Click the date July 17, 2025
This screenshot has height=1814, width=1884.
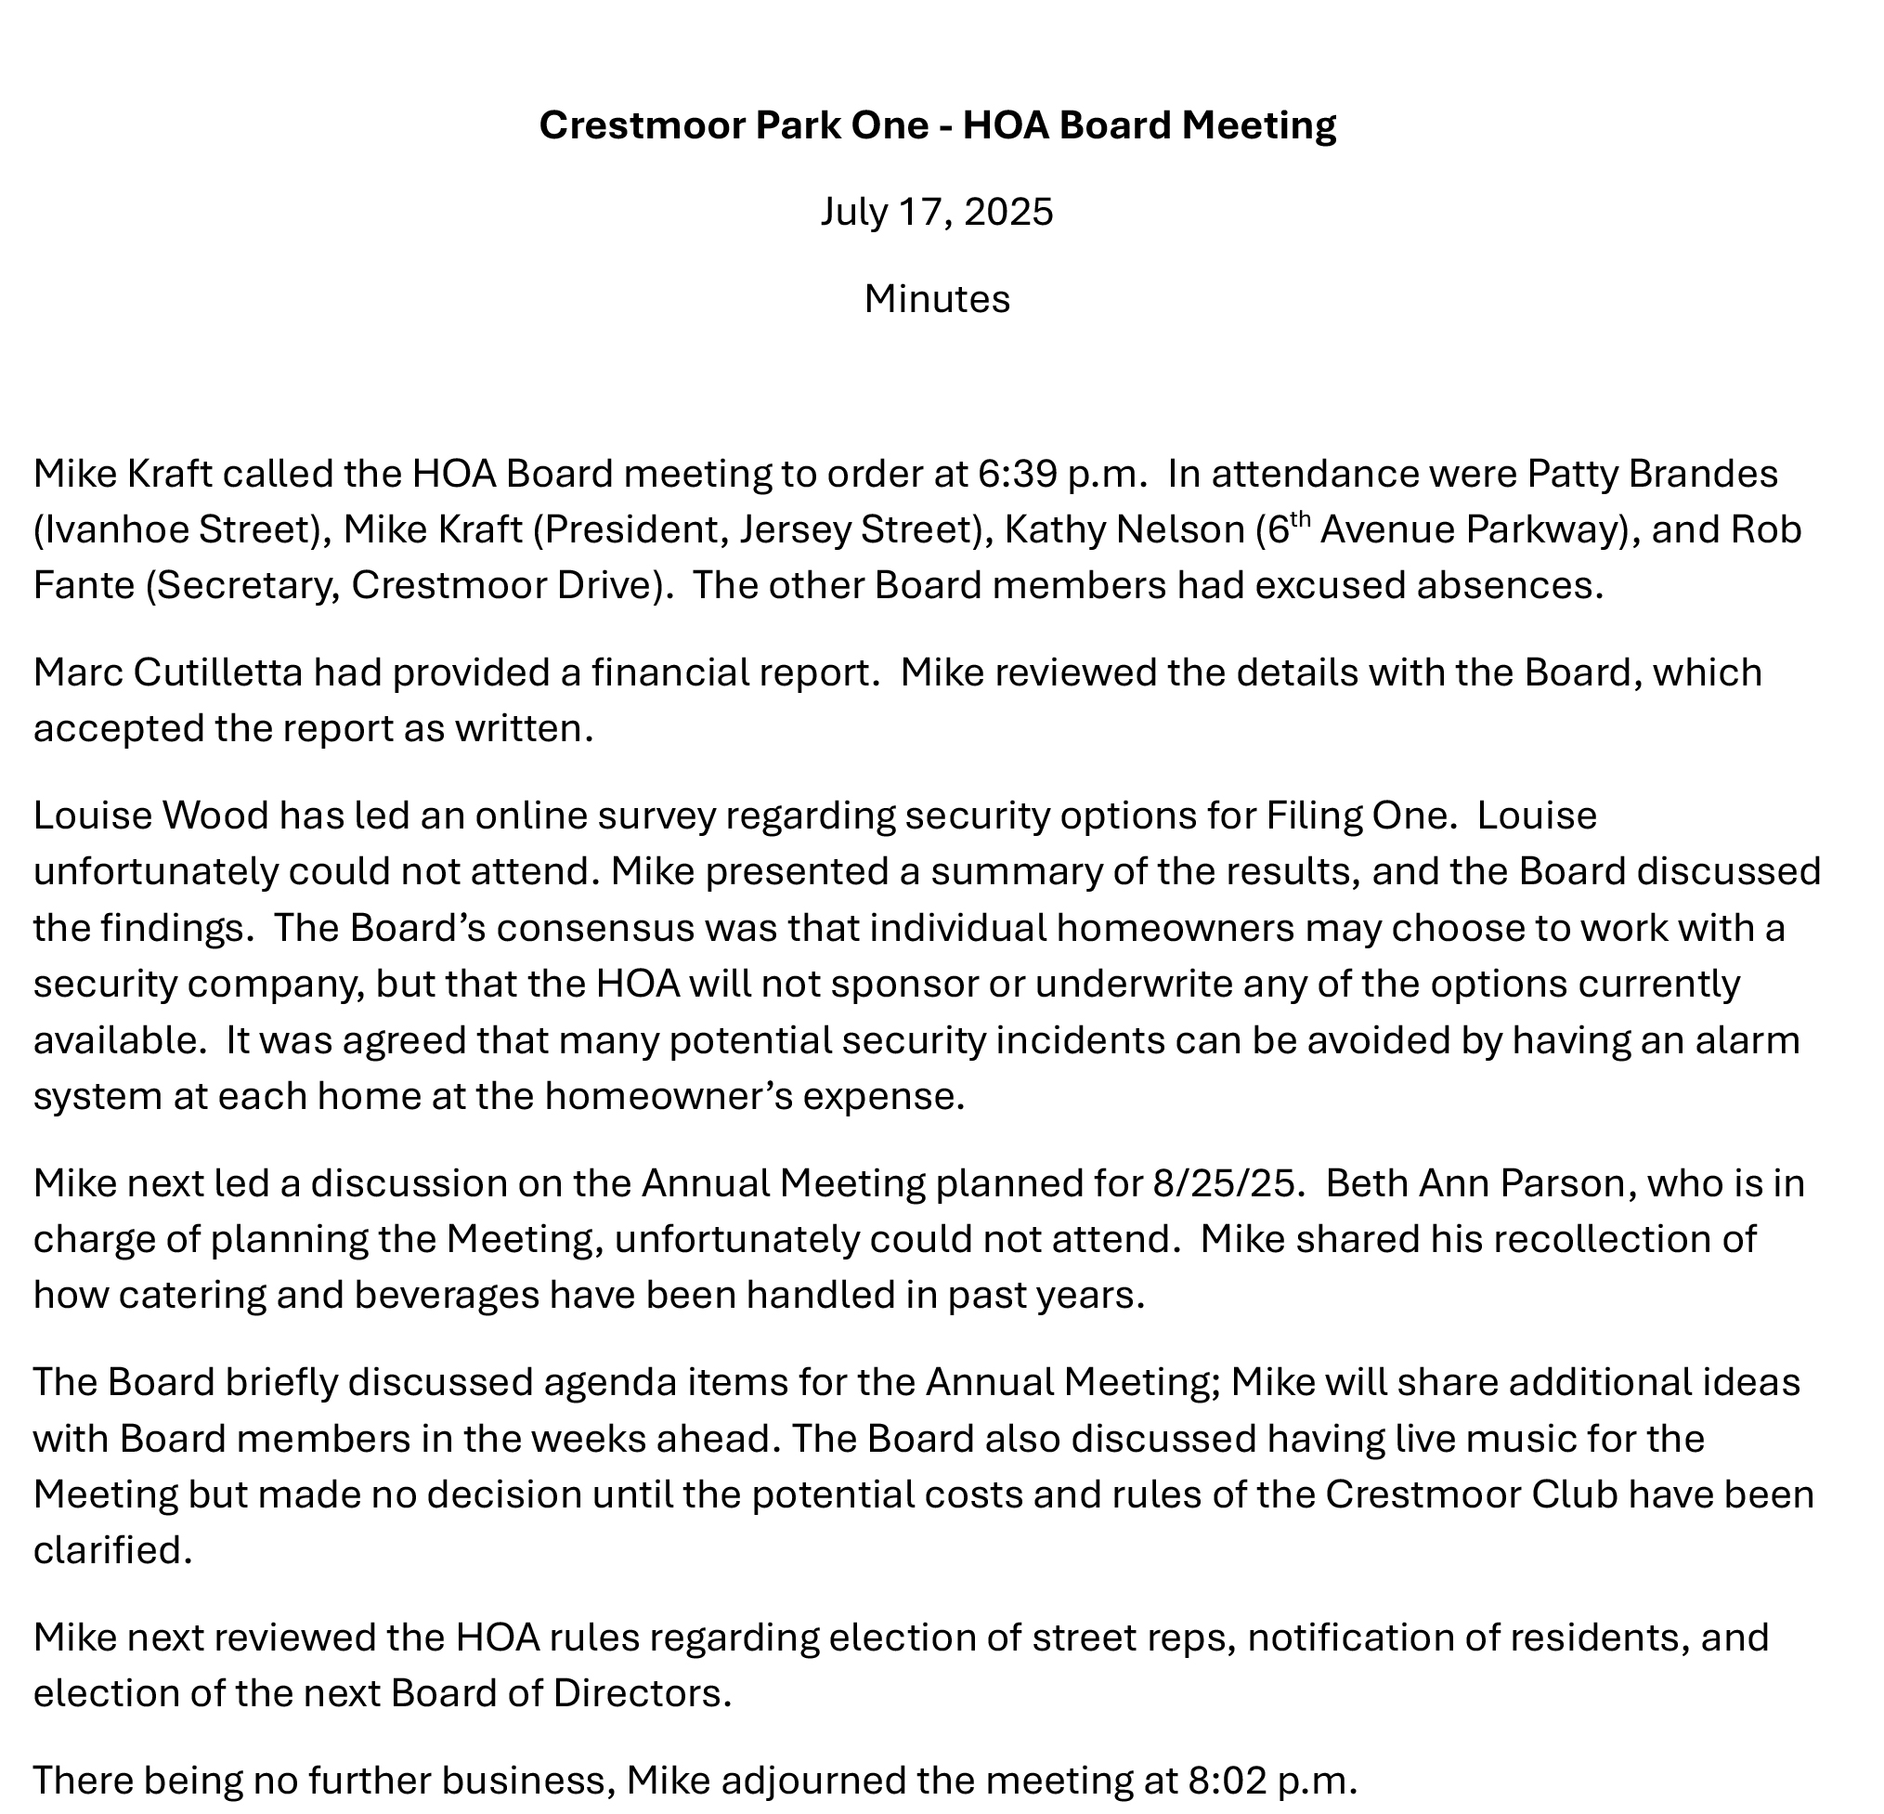point(936,212)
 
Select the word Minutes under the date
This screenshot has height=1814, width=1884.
point(936,299)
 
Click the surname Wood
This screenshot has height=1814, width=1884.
point(216,816)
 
